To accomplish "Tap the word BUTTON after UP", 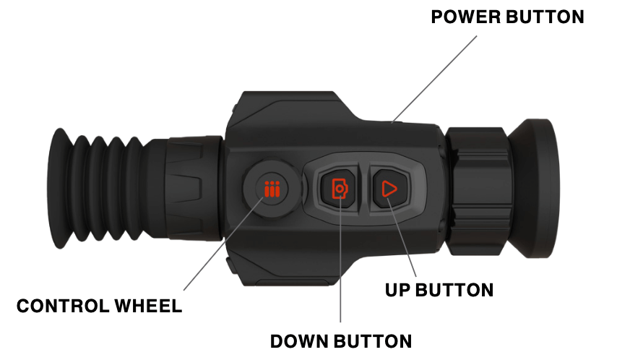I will point(456,290).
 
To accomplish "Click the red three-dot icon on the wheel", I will point(272,190).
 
